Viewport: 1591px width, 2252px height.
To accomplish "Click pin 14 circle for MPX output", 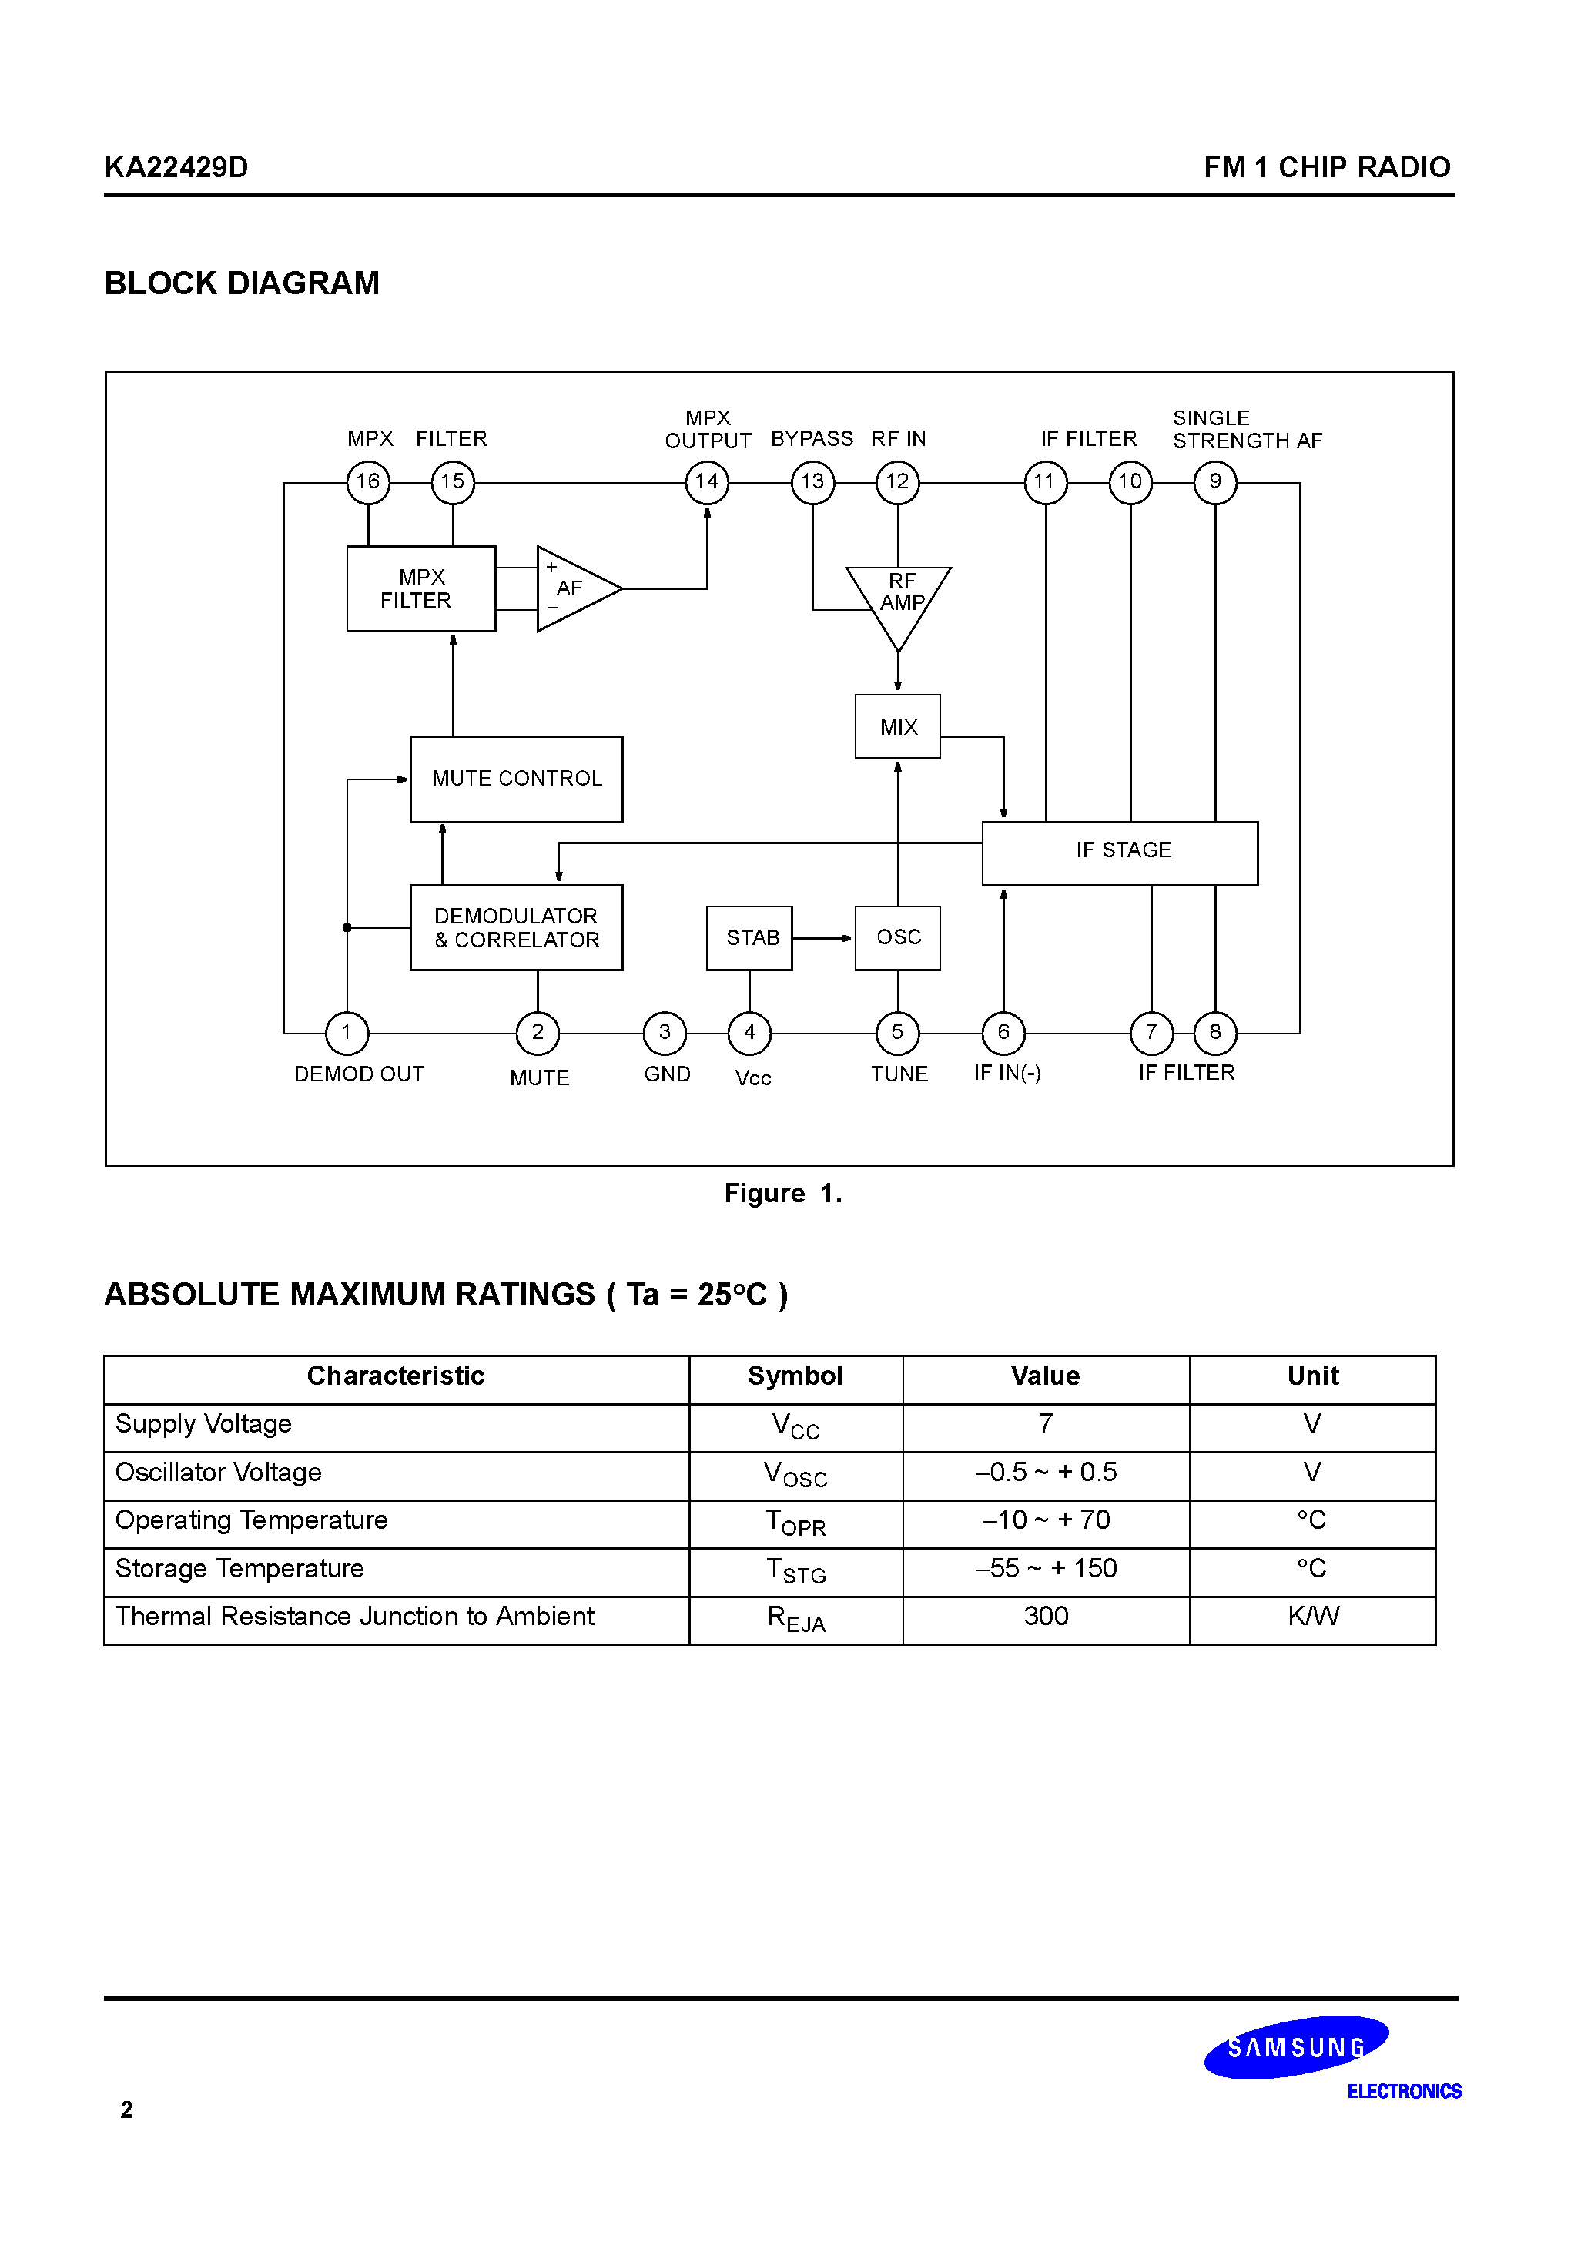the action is [x=706, y=481].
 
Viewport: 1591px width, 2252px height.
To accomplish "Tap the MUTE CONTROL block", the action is [x=516, y=779].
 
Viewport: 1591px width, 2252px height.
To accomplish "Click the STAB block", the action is [x=749, y=937].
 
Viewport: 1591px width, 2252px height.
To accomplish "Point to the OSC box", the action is [x=897, y=937].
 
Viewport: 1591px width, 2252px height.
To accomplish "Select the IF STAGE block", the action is [x=1120, y=853].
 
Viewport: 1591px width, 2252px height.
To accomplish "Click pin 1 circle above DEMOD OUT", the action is [x=347, y=1032].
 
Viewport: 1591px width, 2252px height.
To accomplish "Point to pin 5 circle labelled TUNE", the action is [x=897, y=1032].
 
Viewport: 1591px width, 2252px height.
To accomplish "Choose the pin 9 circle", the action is [x=1215, y=481].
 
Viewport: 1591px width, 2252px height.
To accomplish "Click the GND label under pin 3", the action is [x=667, y=1074].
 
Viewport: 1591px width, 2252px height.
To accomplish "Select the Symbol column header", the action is [x=795, y=1376].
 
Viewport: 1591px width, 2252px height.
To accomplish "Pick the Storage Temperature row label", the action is [x=239, y=1568].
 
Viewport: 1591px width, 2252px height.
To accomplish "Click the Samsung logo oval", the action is [x=1296, y=2047].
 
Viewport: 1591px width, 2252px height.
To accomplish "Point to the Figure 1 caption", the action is [x=782, y=1193].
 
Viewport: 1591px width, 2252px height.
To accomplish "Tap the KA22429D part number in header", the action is [x=176, y=166].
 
